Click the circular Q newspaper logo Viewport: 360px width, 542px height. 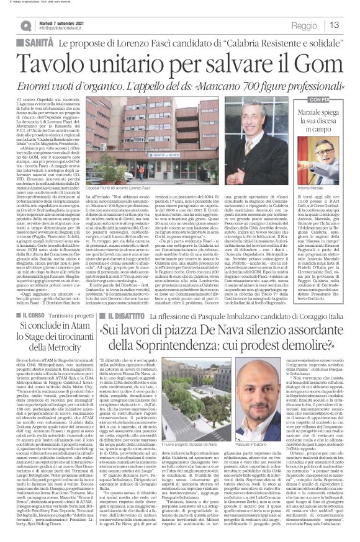tap(20, 24)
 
